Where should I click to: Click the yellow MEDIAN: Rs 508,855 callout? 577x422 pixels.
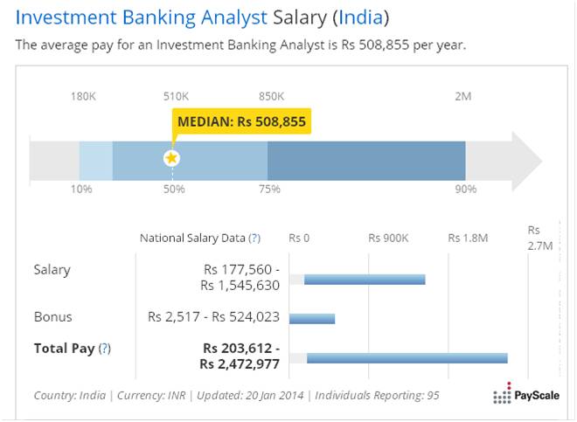(x=241, y=121)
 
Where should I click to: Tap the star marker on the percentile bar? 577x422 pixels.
(x=172, y=158)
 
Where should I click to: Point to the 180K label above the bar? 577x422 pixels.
(x=83, y=96)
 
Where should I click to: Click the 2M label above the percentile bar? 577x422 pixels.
(x=463, y=96)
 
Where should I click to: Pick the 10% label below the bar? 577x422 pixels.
(x=81, y=189)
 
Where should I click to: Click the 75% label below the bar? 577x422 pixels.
(x=268, y=189)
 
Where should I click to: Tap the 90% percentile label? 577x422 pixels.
(x=465, y=189)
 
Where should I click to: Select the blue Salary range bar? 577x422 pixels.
(x=365, y=280)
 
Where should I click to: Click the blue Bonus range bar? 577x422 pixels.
(x=312, y=319)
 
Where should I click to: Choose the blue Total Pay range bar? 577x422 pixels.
(x=407, y=357)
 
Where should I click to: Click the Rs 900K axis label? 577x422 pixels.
(x=388, y=238)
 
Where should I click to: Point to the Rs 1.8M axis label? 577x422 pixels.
(x=469, y=238)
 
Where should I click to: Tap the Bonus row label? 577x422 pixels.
(x=52, y=316)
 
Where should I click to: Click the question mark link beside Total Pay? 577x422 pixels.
(x=104, y=348)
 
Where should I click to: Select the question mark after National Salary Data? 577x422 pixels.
(x=254, y=238)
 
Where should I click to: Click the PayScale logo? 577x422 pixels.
(x=527, y=396)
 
